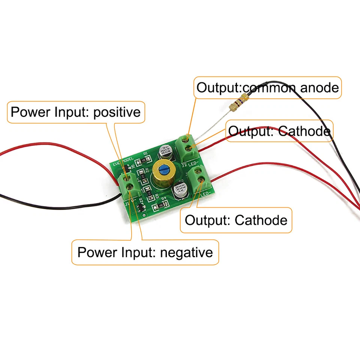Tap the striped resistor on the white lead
(x=239, y=103)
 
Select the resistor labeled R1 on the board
(x=143, y=161)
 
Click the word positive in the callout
(x=117, y=112)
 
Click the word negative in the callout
(x=186, y=252)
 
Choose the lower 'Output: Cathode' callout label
(x=236, y=220)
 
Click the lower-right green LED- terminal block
(x=199, y=179)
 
